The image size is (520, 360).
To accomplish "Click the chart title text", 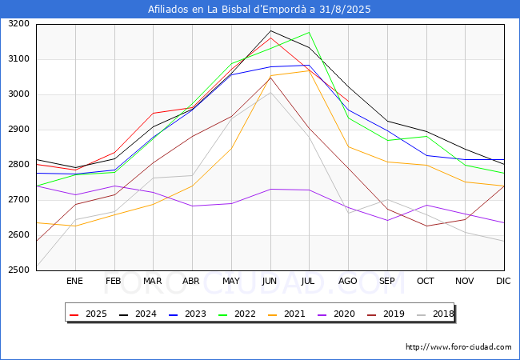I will pos(259,10).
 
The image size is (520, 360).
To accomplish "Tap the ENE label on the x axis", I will pos(74,282).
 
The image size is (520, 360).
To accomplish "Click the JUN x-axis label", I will pos(270,282).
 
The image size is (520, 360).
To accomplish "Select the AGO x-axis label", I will pos(348,282).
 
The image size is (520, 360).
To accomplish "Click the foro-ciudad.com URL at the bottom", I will pos(458,347).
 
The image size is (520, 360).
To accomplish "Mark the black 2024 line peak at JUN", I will pos(270,30).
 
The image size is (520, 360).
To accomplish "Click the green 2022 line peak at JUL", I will pos(309,32).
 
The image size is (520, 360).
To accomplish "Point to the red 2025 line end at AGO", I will pos(348,100).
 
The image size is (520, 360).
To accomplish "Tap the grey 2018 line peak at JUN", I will pos(270,93).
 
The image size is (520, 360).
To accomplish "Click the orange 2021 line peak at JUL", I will pos(309,70).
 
